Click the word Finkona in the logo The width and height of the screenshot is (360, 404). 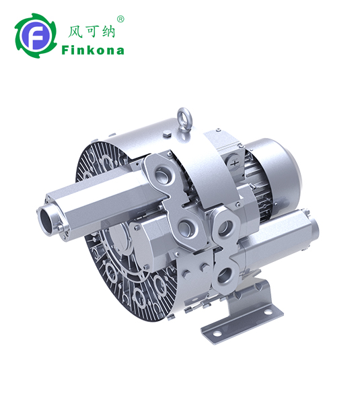pos(93,50)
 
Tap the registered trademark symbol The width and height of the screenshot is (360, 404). pos(120,19)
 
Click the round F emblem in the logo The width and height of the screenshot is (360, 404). pos(35,36)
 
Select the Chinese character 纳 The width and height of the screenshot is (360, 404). pos(108,32)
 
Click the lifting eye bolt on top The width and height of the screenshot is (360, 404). pos(184,117)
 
